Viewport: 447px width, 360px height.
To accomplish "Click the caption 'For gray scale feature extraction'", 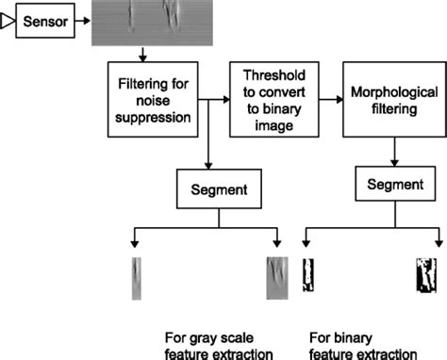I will click(209, 345).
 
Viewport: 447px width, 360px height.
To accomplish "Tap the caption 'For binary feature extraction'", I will click(363, 345).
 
